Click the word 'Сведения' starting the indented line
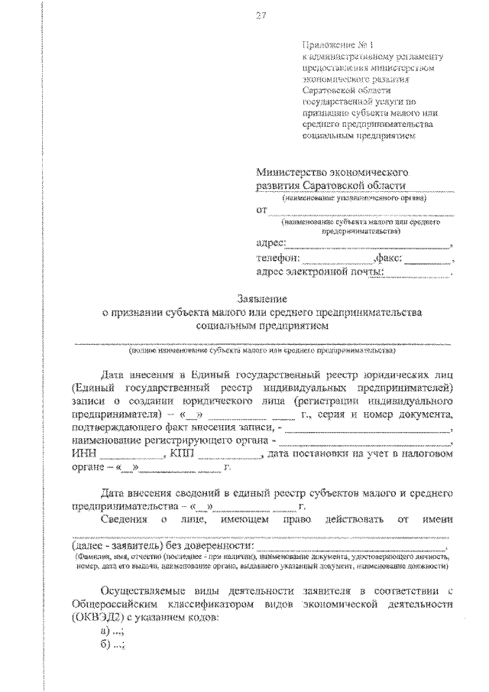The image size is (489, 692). [125, 521]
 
